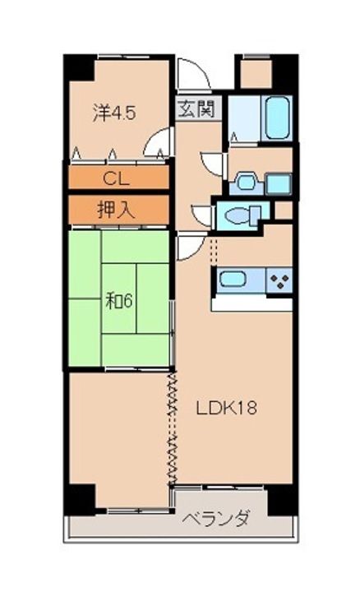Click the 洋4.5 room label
click(114, 113)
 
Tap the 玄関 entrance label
click(196, 109)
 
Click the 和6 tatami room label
click(119, 301)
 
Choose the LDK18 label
click(226, 408)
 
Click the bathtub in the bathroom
click(278, 118)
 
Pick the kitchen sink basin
click(233, 280)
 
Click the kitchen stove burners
click(279, 280)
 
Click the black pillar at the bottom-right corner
click(283, 500)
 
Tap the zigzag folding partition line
click(173, 428)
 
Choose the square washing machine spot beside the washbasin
click(279, 184)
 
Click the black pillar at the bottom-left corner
click(79, 499)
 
